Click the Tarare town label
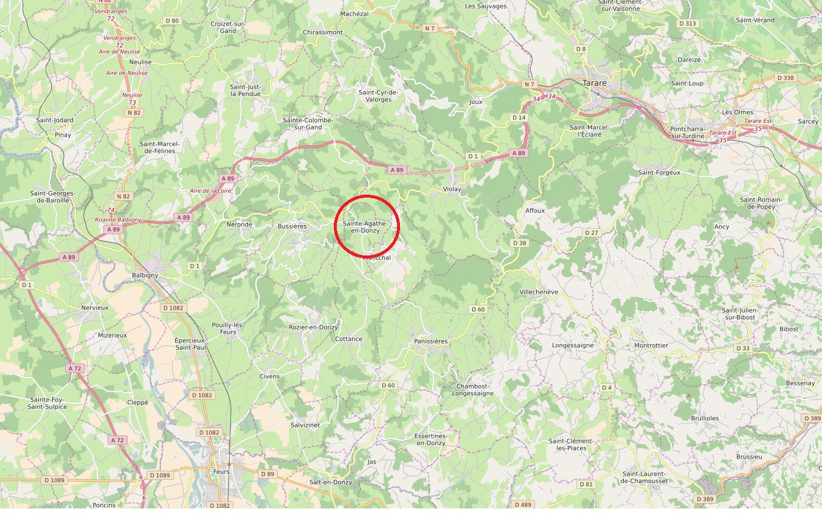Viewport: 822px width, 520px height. click(x=595, y=83)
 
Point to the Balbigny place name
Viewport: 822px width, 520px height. click(x=145, y=275)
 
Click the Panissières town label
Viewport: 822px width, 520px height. click(x=430, y=341)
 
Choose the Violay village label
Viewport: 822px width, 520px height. click(x=452, y=189)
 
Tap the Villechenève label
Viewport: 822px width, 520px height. click(x=539, y=292)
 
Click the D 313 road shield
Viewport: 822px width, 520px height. click(x=686, y=23)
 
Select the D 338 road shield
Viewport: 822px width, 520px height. click(x=786, y=78)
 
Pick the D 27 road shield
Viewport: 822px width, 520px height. click(x=592, y=233)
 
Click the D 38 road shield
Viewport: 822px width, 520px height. click(x=519, y=243)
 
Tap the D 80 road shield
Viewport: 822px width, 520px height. click(x=172, y=21)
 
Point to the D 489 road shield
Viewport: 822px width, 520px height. click(x=522, y=504)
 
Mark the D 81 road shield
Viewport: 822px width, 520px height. click(x=585, y=484)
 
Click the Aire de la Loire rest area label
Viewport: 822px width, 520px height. click(x=210, y=190)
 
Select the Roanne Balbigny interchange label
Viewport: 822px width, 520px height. click(x=118, y=220)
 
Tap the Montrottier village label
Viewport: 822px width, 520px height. click(x=651, y=345)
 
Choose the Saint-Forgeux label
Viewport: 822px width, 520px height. click(x=659, y=173)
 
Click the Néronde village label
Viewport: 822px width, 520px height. click(x=239, y=224)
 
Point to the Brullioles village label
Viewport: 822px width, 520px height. click(x=705, y=418)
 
